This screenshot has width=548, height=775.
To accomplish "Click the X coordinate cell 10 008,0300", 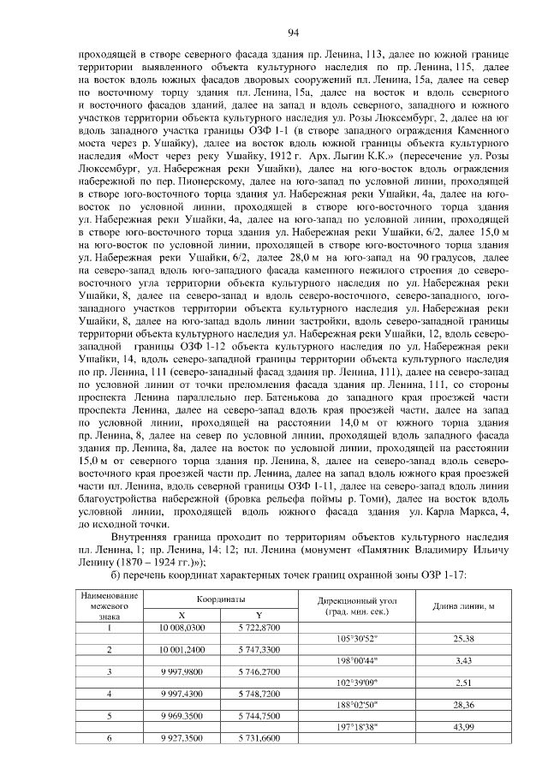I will coord(182,628).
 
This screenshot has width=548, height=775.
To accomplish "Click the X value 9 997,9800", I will coord(182,671).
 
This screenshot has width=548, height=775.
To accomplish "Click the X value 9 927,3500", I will coord(182,736).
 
